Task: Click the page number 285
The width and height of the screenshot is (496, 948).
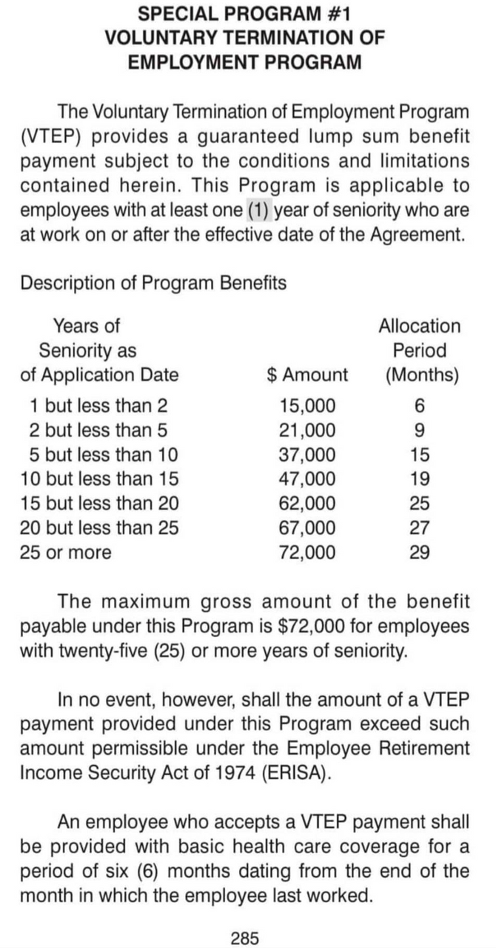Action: (245, 918)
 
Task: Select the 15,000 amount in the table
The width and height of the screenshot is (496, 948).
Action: (306, 405)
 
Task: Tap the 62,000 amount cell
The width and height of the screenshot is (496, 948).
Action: (306, 504)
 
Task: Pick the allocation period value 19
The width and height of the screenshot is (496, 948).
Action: (419, 478)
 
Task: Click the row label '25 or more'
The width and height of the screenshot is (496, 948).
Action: (67, 553)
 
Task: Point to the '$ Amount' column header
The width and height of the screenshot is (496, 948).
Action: (306, 375)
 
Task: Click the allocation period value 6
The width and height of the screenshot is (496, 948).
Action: (420, 405)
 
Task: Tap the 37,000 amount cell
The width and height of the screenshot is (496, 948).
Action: (306, 454)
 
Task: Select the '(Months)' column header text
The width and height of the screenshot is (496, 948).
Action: (421, 375)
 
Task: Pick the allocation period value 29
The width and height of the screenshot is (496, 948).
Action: (419, 553)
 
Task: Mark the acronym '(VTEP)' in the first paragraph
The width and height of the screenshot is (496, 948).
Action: (53, 137)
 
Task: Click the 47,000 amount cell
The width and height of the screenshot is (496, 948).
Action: (306, 478)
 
